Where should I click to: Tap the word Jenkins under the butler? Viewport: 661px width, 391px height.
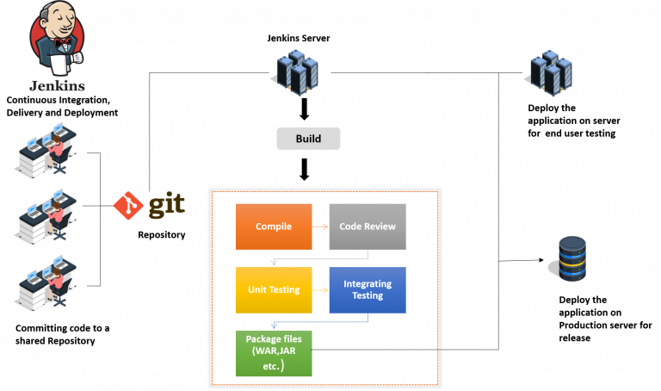click(x=58, y=86)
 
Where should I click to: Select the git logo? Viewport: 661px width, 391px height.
click(x=149, y=205)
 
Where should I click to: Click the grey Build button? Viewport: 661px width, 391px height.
click(x=308, y=139)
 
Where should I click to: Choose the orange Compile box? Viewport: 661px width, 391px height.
click(x=273, y=227)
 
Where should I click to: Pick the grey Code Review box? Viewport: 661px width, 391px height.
click(x=367, y=227)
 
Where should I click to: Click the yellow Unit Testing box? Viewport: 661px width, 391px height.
click(x=273, y=289)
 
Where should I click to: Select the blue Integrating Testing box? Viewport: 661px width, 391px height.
click(x=367, y=289)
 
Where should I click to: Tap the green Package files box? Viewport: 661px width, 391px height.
click(x=273, y=353)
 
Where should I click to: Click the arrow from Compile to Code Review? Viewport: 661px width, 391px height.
click(x=319, y=227)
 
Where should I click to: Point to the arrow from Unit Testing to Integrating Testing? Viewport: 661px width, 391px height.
click(x=319, y=289)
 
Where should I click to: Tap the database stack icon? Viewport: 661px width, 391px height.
click(x=571, y=258)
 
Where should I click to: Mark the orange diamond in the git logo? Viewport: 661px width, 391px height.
click(x=127, y=205)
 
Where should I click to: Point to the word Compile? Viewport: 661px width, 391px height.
click(x=273, y=227)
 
